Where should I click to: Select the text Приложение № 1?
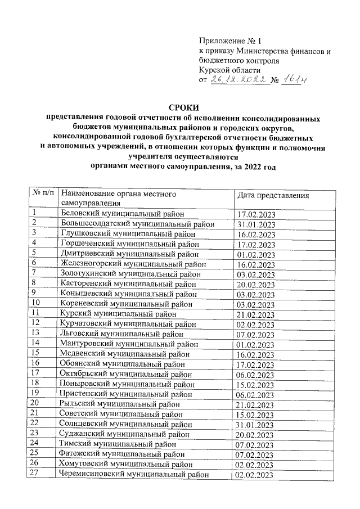[x=231, y=40]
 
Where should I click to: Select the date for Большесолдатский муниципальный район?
[x=256, y=224]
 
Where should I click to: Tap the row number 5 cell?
[x=34, y=253]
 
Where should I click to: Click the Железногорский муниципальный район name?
[x=132, y=263]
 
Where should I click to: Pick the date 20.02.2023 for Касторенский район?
[x=256, y=284]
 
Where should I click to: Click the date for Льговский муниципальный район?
[x=256, y=334]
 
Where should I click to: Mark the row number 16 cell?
[x=35, y=363]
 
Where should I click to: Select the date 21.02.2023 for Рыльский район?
[x=256, y=405]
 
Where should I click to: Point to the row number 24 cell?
[x=35, y=444]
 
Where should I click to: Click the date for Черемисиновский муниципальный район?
[x=256, y=475]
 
